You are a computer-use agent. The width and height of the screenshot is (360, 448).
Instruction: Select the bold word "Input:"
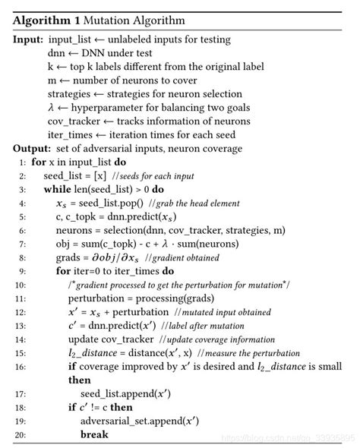27,39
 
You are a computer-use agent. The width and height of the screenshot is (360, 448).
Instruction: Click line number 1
23,162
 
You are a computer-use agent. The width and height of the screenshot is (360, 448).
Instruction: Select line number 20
21,434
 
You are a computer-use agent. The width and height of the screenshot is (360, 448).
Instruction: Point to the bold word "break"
95,434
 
